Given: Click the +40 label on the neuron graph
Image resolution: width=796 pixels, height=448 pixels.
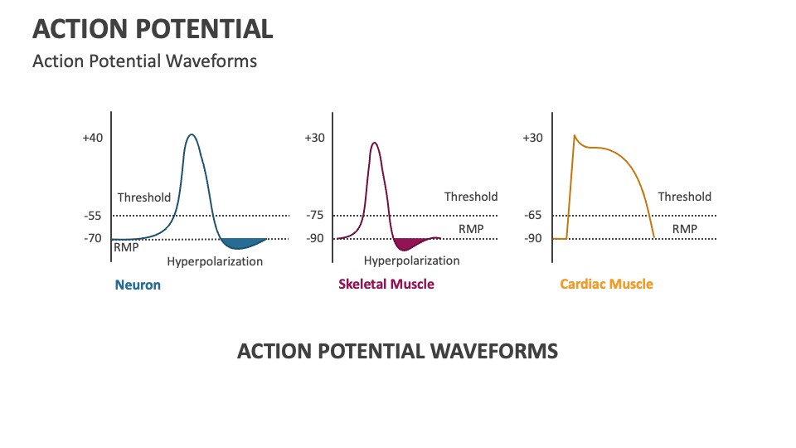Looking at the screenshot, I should [x=93, y=138].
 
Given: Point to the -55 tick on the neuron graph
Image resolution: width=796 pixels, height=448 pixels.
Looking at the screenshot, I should [x=93, y=216].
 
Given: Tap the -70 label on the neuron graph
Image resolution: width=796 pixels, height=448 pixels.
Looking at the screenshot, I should [x=93, y=239].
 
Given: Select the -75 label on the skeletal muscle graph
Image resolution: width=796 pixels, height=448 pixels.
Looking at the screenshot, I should [x=315, y=216].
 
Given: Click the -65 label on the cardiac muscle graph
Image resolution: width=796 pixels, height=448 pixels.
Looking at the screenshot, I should [x=533, y=216].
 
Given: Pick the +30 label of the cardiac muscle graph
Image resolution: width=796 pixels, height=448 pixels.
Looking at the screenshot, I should [x=532, y=138].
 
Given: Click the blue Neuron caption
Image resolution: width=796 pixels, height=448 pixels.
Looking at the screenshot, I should [x=138, y=285].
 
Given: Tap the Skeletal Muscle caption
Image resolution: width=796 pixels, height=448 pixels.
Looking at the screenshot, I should [x=386, y=284].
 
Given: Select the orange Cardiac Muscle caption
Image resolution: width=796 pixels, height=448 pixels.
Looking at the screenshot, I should [x=606, y=284].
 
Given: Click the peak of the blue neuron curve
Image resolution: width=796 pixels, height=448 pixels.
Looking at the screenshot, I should [x=192, y=134].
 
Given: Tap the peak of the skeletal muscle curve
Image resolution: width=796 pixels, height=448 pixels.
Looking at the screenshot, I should [x=375, y=143].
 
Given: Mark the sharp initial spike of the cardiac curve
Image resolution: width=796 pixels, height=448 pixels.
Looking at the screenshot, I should [x=574, y=135].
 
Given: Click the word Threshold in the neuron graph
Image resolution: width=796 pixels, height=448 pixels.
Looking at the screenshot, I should [x=143, y=197].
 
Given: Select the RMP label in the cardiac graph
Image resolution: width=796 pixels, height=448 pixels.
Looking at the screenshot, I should [x=684, y=229].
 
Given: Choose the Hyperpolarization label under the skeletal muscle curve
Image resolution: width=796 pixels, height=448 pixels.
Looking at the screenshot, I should [x=411, y=261].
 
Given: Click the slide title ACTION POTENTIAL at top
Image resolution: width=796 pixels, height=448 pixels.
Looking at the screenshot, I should [x=153, y=30].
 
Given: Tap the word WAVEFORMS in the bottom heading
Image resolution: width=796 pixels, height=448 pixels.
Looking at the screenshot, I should [x=493, y=351].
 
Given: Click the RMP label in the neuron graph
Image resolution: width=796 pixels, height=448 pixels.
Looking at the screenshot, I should [x=126, y=247].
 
